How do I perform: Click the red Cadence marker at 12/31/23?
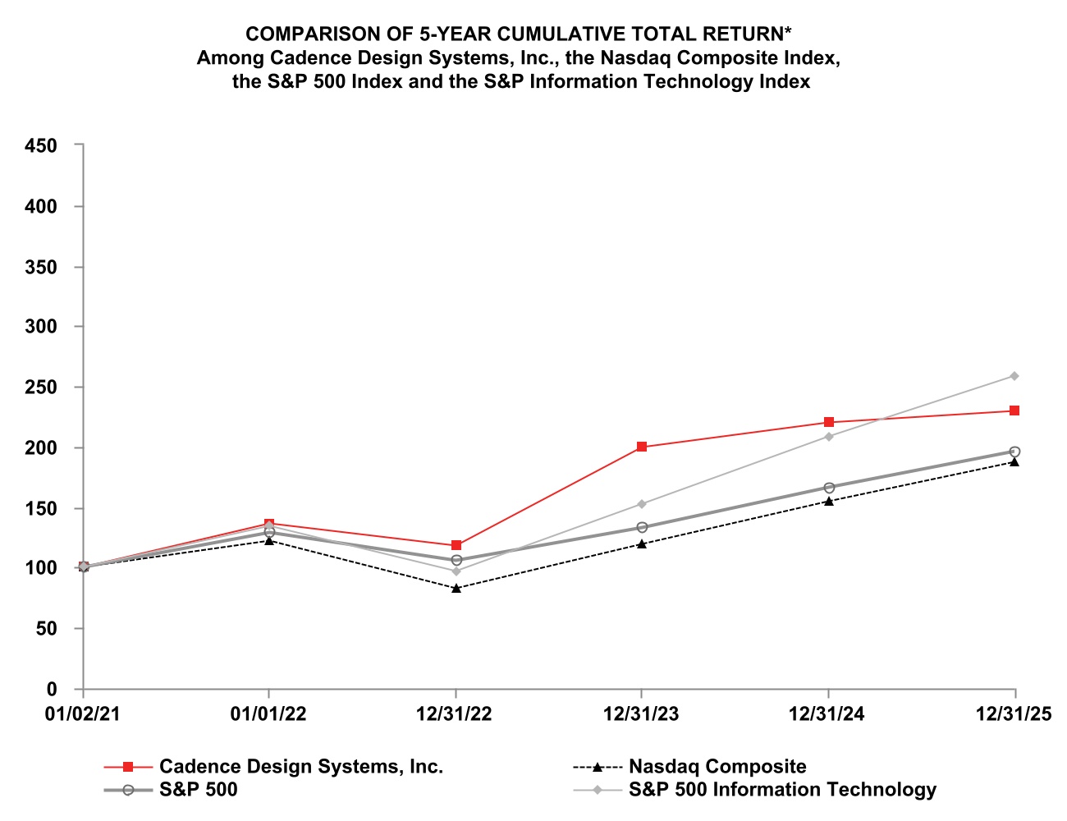[x=641, y=447]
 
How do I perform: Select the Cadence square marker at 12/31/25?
[x=1014, y=410]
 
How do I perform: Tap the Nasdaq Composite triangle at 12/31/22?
[x=456, y=588]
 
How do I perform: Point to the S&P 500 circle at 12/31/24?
[x=828, y=488]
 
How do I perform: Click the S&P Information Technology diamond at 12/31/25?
[x=1014, y=376]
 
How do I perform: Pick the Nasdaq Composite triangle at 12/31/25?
[x=1014, y=461]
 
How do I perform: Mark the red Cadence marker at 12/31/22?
[x=456, y=545]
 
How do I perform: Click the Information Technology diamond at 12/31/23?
[x=641, y=504]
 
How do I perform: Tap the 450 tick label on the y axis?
[x=41, y=146]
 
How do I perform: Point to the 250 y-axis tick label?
[x=41, y=388]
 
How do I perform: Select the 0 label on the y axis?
[x=52, y=690]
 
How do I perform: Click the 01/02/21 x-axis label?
[x=82, y=714]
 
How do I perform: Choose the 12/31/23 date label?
[x=641, y=714]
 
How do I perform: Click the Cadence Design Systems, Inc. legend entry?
[x=300, y=767]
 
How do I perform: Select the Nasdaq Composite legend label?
[x=717, y=767]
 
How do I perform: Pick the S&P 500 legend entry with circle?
[x=198, y=790]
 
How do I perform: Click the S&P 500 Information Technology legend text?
[x=782, y=790]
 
